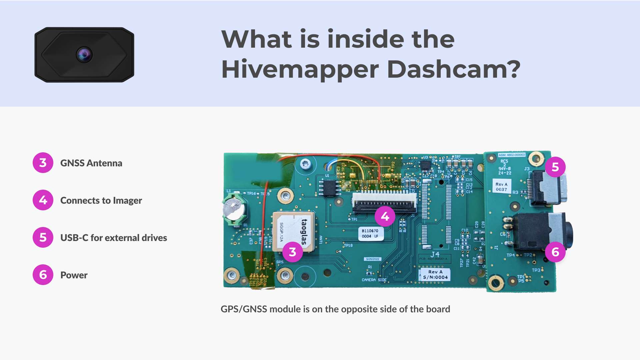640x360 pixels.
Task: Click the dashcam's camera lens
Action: (x=84, y=54)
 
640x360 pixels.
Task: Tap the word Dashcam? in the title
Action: (x=453, y=70)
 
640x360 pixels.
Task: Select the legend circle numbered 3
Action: (x=43, y=163)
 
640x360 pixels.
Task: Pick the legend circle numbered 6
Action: (x=43, y=275)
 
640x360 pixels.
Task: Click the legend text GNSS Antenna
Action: (x=91, y=163)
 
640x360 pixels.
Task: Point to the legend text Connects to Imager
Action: (x=101, y=200)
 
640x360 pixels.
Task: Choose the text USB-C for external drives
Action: (x=113, y=238)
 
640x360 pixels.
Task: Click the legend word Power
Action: (x=74, y=275)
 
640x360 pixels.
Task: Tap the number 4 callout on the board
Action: (x=385, y=216)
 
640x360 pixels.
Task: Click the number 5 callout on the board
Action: (x=555, y=167)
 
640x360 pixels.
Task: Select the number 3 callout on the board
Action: (x=292, y=252)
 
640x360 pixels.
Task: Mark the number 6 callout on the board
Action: (x=555, y=252)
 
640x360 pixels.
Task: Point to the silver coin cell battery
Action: (x=233, y=210)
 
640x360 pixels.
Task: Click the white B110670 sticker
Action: (x=370, y=233)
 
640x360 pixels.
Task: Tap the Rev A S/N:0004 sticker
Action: (x=435, y=274)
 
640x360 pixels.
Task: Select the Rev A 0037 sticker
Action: (x=501, y=187)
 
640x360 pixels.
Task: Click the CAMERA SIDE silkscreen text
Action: (x=374, y=280)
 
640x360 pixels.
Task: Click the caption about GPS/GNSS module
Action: (x=335, y=309)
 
